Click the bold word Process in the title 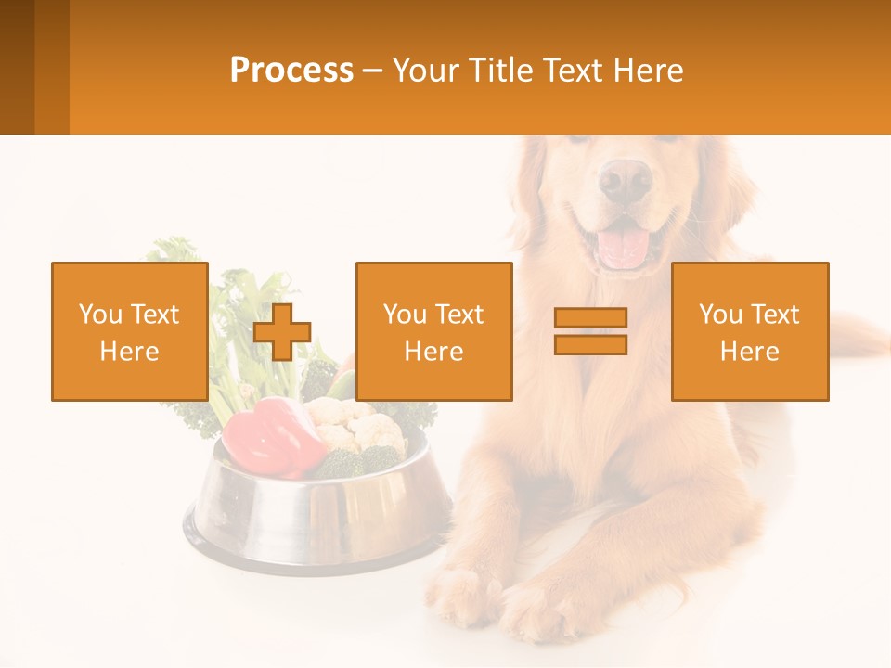point(291,71)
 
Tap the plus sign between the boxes point(282,331)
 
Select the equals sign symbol point(590,331)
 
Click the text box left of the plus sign point(130,331)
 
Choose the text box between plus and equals point(433,331)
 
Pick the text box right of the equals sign point(750,331)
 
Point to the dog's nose point(625,179)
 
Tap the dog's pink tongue point(623,249)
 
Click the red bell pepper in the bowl point(269,434)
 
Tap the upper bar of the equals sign point(590,318)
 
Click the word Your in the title point(423,71)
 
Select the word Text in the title point(574,71)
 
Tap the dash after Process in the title point(373,71)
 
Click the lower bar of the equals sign point(590,344)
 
